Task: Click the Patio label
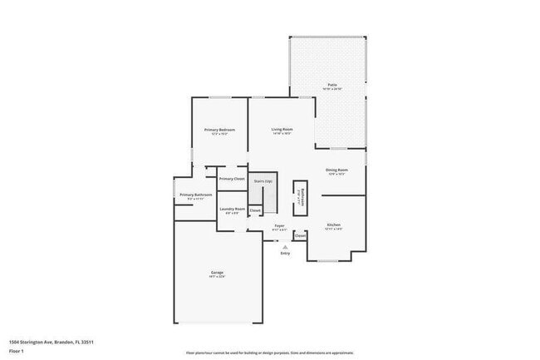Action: click(x=331, y=86)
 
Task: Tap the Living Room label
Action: click(x=282, y=129)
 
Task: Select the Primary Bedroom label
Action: click(x=220, y=129)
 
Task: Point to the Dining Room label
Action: click(x=336, y=170)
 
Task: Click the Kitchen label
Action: click(x=334, y=224)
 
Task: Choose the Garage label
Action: click(x=217, y=273)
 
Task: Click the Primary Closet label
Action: click(x=232, y=179)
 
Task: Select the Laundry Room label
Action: click(x=232, y=209)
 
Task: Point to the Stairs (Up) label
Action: click(x=263, y=181)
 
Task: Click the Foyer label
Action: click(x=280, y=225)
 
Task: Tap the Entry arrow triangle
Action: click(x=285, y=247)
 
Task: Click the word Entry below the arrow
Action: click(x=285, y=254)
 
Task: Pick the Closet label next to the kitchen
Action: click(x=300, y=236)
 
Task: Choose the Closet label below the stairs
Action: click(x=255, y=211)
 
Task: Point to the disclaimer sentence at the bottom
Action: click(x=270, y=353)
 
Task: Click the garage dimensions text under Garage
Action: click(x=217, y=278)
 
